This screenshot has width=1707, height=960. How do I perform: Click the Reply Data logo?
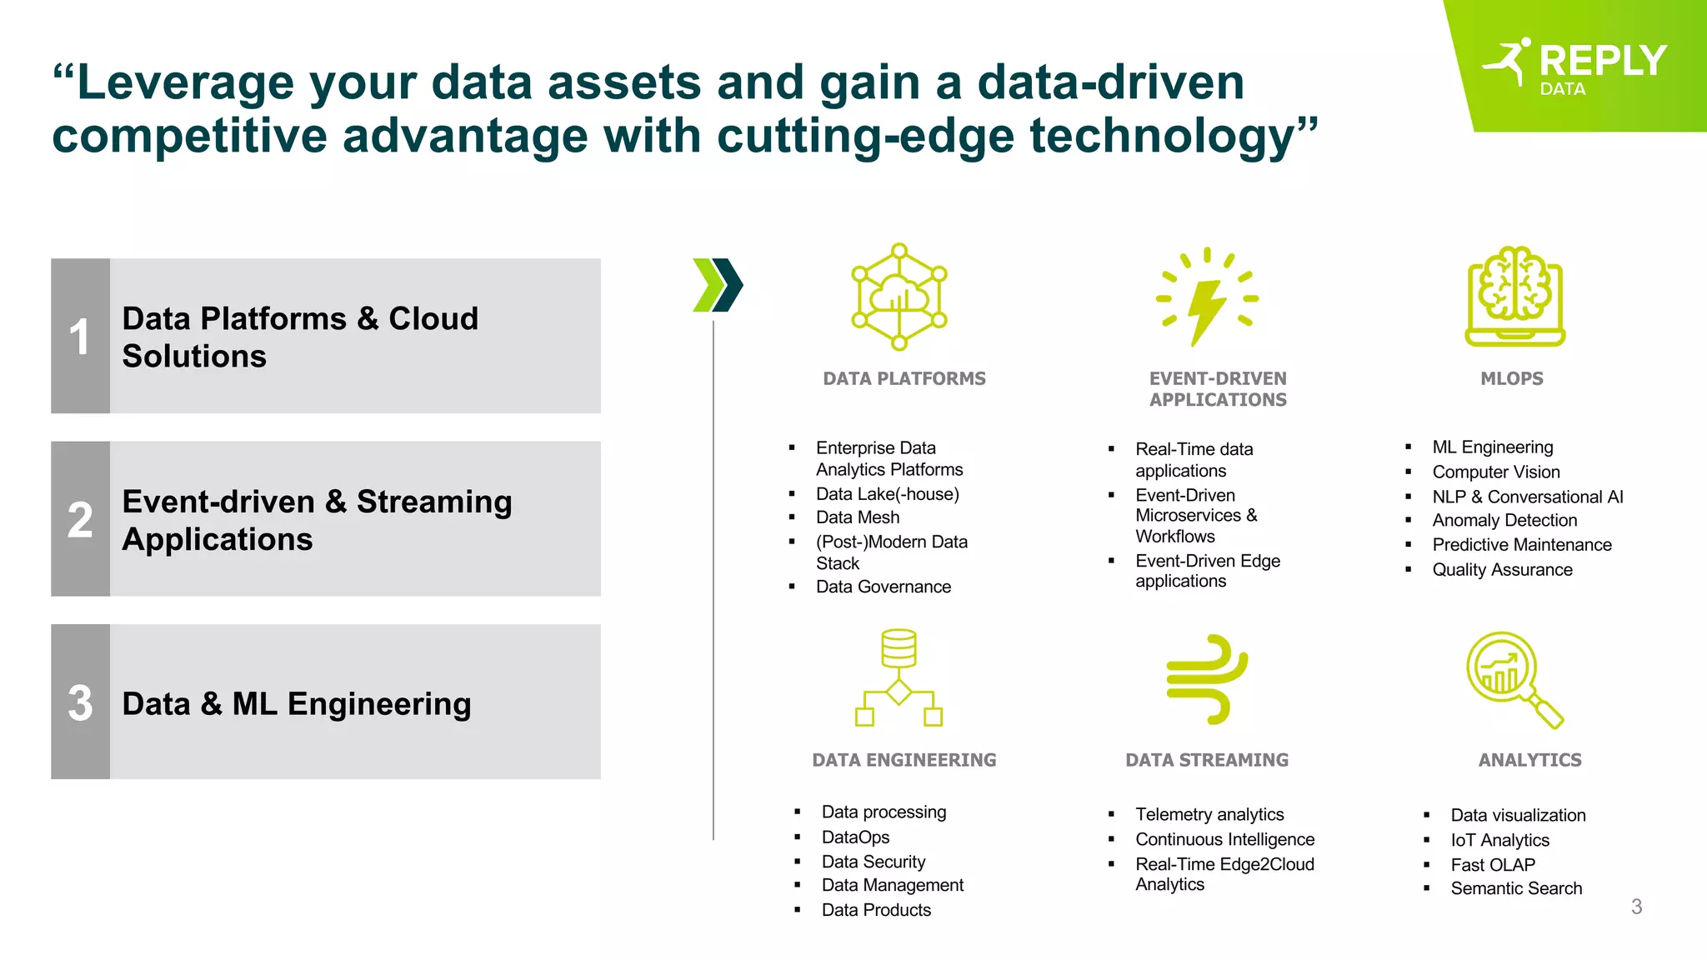(1575, 65)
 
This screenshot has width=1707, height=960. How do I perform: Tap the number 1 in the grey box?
(79, 337)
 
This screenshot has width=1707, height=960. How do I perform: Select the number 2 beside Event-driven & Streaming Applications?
(80, 520)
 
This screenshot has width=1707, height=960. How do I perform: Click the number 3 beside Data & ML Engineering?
(80, 702)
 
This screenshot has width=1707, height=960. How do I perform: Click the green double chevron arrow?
(718, 285)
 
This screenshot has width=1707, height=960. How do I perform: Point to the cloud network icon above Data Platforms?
(899, 297)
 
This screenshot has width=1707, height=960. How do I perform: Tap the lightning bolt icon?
(1207, 297)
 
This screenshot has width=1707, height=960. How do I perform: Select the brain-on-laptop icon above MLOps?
(1514, 296)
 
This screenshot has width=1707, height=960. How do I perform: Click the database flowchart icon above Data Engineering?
(899, 677)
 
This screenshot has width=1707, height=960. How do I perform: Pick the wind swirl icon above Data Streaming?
(1207, 678)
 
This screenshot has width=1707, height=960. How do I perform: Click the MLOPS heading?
(1511, 378)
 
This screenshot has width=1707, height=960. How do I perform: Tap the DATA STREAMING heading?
(1207, 760)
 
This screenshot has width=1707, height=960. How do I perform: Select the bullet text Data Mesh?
(858, 517)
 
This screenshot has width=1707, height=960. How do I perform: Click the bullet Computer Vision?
(1495, 472)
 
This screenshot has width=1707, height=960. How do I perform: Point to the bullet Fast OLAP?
(1492, 865)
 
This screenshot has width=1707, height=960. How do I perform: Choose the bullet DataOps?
(855, 837)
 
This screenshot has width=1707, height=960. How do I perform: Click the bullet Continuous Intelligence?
(1224, 839)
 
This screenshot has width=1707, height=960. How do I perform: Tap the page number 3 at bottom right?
(1636, 907)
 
